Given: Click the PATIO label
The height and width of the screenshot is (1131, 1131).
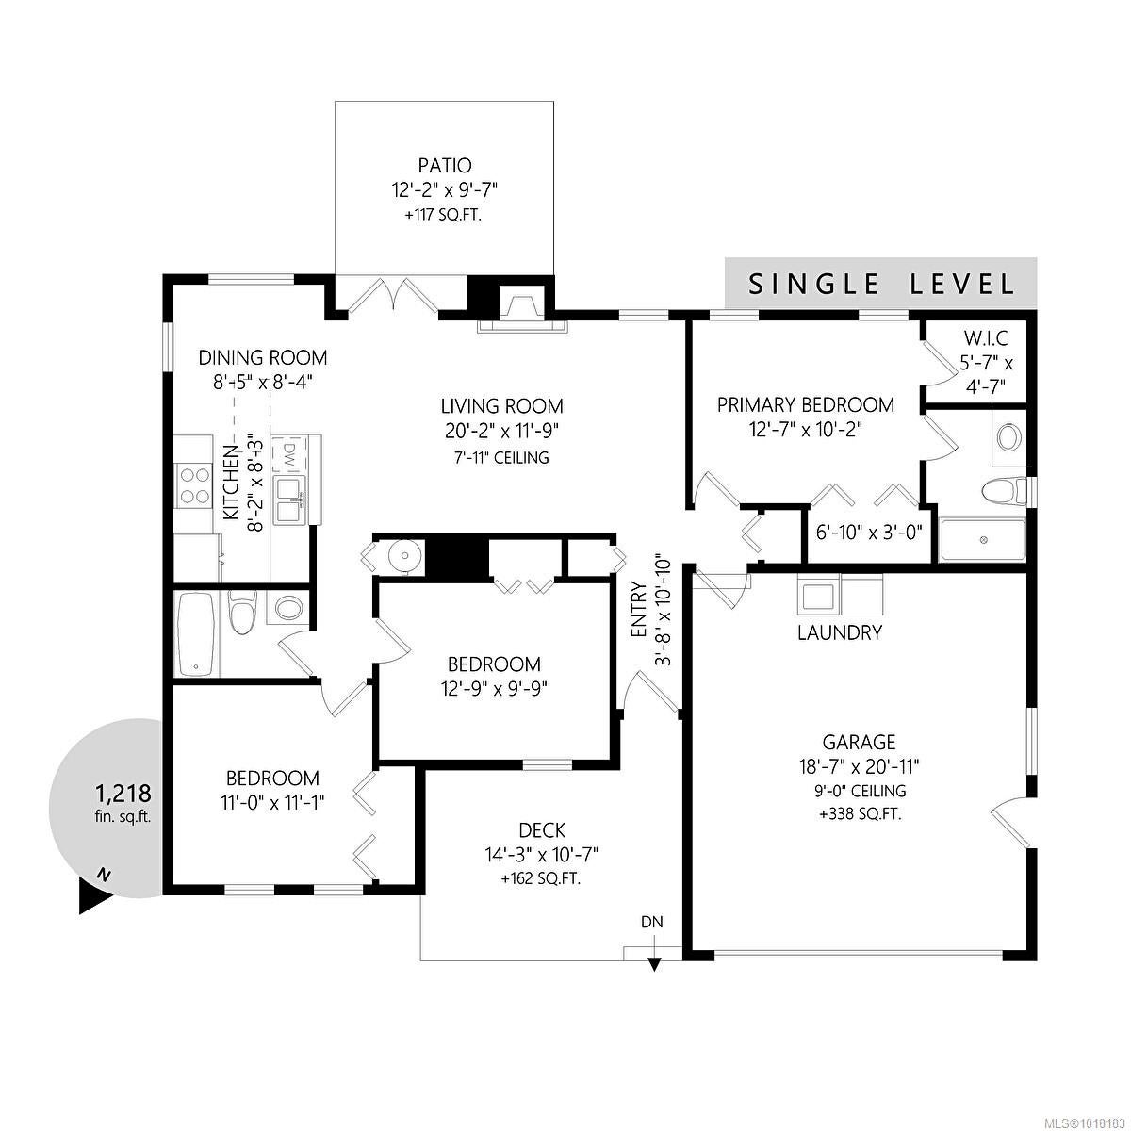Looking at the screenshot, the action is (x=444, y=166).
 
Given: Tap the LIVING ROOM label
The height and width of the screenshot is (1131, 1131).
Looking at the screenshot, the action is (x=501, y=406).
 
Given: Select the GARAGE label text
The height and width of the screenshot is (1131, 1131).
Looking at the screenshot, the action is (x=859, y=742).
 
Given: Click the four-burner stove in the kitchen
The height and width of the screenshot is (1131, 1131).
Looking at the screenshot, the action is (x=194, y=484).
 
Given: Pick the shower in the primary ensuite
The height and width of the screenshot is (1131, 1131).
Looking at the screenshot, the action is (x=983, y=539).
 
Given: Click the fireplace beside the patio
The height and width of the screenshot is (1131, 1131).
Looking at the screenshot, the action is (x=523, y=308).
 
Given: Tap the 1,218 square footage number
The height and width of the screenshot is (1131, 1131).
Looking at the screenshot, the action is (x=123, y=794).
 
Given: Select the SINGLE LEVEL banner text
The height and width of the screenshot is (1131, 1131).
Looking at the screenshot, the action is (x=881, y=284).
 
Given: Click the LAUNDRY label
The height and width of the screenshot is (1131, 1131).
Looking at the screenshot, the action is (x=840, y=632).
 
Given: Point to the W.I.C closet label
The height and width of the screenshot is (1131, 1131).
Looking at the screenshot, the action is (x=986, y=338).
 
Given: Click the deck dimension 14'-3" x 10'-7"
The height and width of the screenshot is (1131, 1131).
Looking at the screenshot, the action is (x=542, y=854).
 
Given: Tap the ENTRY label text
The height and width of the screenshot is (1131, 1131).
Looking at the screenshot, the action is (x=639, y=610).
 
